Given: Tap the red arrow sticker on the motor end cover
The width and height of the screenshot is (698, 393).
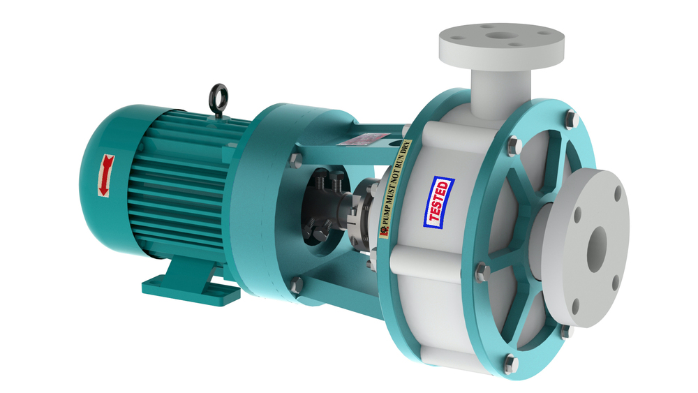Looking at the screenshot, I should (x=104, y=173).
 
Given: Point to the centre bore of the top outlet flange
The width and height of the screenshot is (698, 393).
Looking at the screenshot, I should (x=500, y=33).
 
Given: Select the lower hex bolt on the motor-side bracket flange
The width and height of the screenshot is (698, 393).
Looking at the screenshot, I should (x=297, y=285).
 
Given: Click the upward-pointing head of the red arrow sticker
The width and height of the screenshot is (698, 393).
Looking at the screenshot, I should (x=105, y=162).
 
